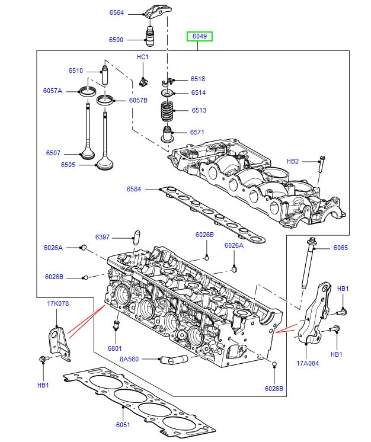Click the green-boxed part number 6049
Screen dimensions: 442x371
pos(200,36)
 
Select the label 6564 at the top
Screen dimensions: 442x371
pos(117,12)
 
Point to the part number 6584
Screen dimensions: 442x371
pos(134,189)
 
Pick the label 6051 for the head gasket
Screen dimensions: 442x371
pos(123,425)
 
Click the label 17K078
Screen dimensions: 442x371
pos(58,304)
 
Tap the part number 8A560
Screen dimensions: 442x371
pos(129,359)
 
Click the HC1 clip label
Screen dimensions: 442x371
pos(143,57)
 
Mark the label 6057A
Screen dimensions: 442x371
pos(53,91)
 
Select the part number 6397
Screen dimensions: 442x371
pos(103,238)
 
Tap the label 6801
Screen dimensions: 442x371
pos(115,348)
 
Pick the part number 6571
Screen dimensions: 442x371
pos(197,132)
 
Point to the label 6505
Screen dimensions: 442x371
pos(68,165)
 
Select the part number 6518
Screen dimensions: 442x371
pos(197,79)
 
